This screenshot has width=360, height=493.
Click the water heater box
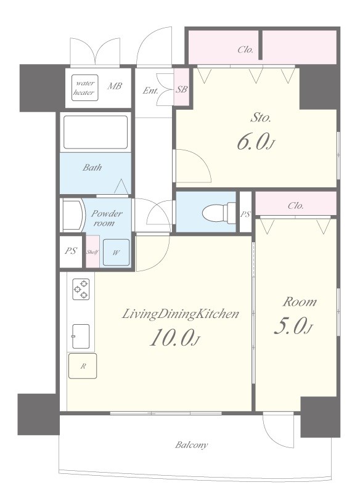(x=84, y=88)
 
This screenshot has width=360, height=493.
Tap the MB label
(x=115, y=86)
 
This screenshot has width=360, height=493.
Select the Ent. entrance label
(x=150, y=91)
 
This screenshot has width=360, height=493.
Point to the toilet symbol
(x=218, y=213)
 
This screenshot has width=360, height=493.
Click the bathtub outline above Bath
(x=96, y=132)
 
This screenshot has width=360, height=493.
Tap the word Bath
(x=92, y=167)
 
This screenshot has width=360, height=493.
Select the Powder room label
(x=106, y=218)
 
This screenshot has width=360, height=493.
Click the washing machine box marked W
(x=116, y=252)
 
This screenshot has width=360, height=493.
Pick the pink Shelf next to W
(x=92, y=251)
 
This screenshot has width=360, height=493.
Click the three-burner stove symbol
(x=81, y=289)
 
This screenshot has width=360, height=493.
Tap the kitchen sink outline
(x=81, y=336)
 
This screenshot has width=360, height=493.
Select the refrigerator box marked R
(x=83, y=366)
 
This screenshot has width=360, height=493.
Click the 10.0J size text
(x=175, y=338)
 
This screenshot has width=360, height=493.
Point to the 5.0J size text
(x=293, y=326)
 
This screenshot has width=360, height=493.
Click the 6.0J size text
(x=256, y=142)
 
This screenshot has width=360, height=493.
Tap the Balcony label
(x=192, y=445)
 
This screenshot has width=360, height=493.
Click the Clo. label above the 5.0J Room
(x=295, y=206)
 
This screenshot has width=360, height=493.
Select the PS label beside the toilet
(x=245, y=214)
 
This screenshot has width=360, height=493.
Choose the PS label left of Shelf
(x=71, y=251)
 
